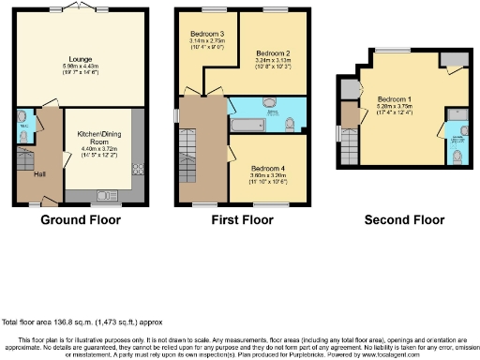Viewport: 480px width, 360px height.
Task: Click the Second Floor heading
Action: click(x=404, y=221)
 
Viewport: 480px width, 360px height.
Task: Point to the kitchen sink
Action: click(x=103, y=197)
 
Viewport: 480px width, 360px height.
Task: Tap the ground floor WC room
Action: click(x=22, y=127)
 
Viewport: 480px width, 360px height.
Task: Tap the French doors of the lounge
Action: click(x=80, y=7)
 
